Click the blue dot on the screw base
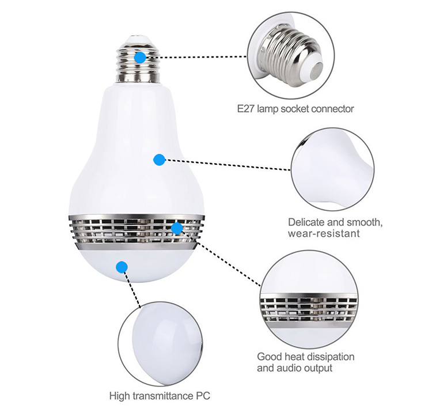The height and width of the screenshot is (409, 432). pyautogui.click(x=140, y=58)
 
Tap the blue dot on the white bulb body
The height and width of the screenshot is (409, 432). pyautogui.click(x=159, y=160)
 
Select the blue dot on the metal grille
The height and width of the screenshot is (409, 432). pyautogui.click(x=177, y=229)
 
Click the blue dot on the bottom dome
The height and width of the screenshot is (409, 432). pyautogui.click(x=122, y=267)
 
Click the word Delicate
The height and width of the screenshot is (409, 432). pyautogui.click(x=306, y=222)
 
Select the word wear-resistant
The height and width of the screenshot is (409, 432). pyautogui.click(x=324, y=234)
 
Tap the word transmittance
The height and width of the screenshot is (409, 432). pyautogui.click(x=164, y=396)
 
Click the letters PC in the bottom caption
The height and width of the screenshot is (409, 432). pyautogui.click(x=203, y=396)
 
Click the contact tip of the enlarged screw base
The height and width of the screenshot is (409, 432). pyautogui.click(x=317, y=72)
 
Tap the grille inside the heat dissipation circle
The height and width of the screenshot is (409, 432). pyautogui.click(x=309, y=309)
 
